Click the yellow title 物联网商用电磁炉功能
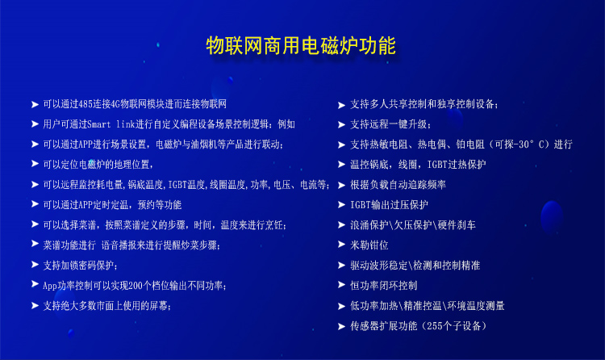301,45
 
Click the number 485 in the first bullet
85,104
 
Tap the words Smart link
111,124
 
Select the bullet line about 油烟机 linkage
163,144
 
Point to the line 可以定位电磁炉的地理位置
98,165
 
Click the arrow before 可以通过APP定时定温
35,204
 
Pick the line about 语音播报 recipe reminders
131,245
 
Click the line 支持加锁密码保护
80,266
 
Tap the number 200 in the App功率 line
136,286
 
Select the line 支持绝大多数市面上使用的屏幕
106,306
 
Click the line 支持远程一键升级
390,124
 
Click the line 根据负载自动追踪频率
398,185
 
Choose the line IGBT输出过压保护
389,205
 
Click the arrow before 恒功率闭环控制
341,285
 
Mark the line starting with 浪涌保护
413,225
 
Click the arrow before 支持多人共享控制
341,105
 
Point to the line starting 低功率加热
427,306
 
